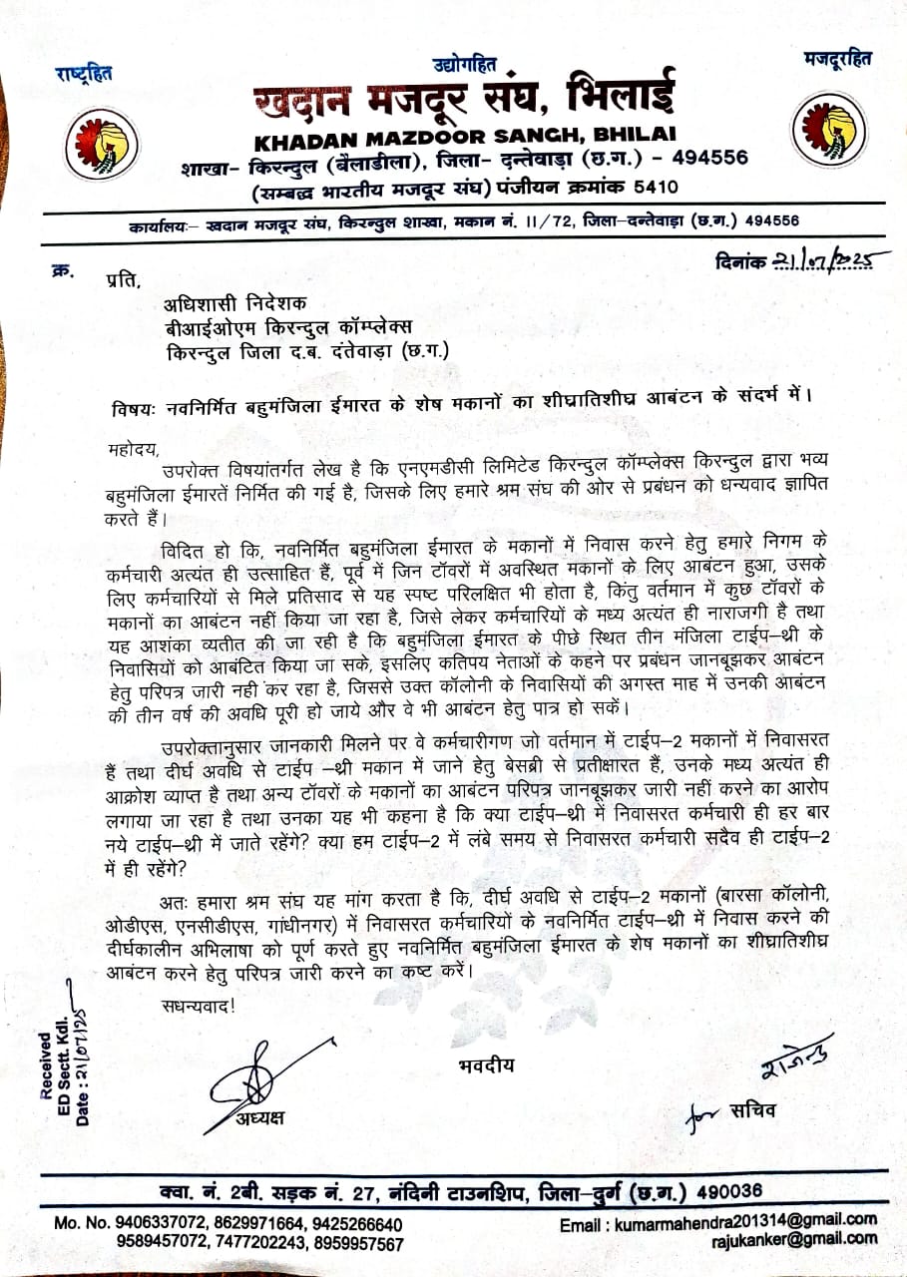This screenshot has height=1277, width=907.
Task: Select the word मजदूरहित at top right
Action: pyautogui.click(x=837, y=59)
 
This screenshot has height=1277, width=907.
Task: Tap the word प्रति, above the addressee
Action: pyautogui.click(x=118, y=280)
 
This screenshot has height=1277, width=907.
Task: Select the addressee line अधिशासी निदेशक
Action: pyautogui.click(x=237, y=304)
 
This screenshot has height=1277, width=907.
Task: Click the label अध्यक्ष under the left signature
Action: pyautogui.click(x=260, y=1117)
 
